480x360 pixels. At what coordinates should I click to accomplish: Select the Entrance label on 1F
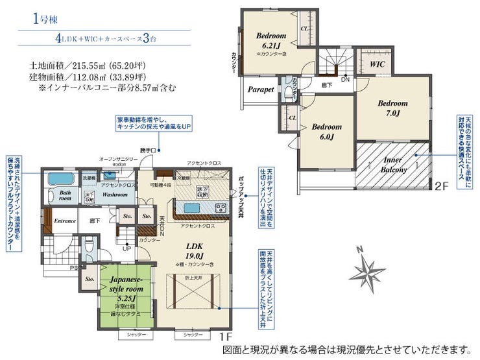pyautogui.click(x=65, y=221)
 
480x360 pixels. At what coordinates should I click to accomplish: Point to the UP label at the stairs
pyautogui.click(x=127, y=248)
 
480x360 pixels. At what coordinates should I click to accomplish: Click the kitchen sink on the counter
pyautogui.click(x=191, y=208)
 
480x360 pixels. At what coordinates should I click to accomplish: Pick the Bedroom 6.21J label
pyautogui.click(x=270, y=40)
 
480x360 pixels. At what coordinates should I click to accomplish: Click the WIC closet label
pyautogui.click(x=378, y=66)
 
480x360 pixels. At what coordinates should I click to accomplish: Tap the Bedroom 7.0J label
pyautogui.click(x=393, y=108)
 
